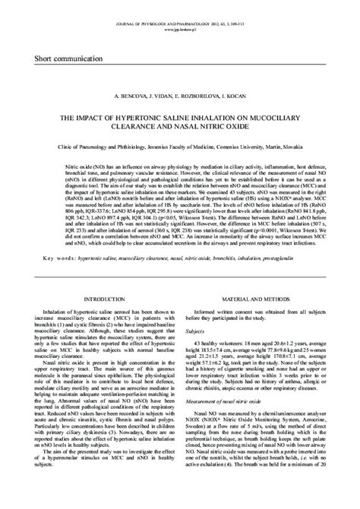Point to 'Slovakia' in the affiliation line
coord(286,144)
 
